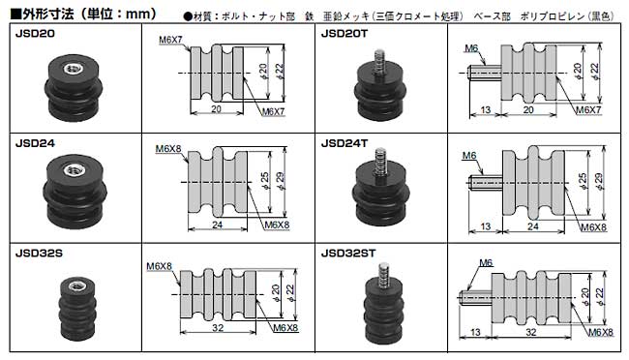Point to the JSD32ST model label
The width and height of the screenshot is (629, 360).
(x=349, y=252)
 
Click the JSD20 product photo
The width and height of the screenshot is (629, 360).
(x=74, y=80)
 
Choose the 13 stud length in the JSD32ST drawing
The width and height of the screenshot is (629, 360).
(x=473, y=330)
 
